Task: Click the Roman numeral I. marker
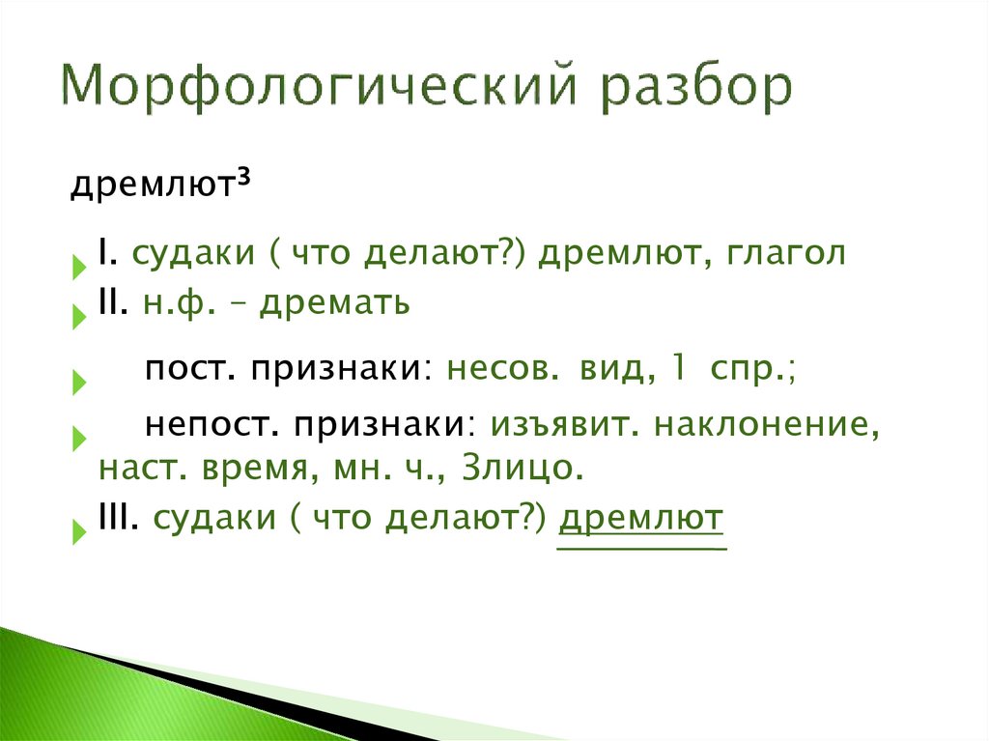[106, 254]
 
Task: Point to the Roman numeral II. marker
[114, 303]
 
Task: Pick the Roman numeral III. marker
[120, 518]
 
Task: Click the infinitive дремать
[337, 303]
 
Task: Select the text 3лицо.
[524, 470]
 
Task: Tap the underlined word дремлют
[640, 518]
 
